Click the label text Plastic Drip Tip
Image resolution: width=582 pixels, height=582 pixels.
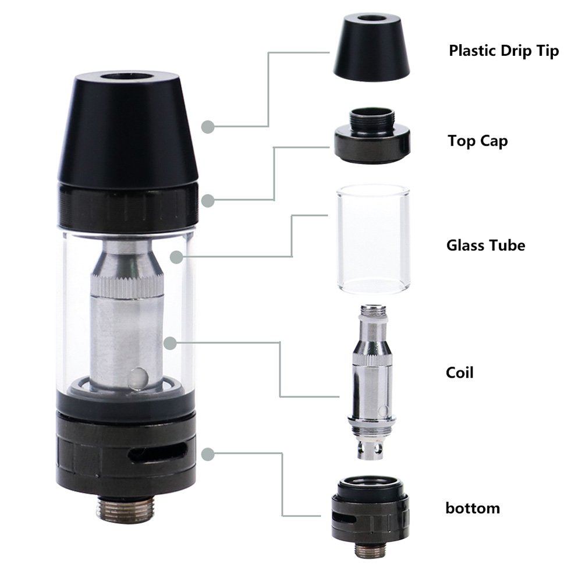[x=503, y=51]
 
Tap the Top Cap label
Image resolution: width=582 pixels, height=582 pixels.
[x=477, y=141]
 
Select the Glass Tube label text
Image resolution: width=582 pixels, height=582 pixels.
[x=485, y=245]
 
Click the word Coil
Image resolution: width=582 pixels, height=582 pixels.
[x=459, y=372]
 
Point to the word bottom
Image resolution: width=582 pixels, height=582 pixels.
[x=473, y=508]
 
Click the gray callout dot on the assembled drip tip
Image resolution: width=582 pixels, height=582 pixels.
[x=206, y=126]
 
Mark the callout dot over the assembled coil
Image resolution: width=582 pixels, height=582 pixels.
[x=169, y=343]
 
